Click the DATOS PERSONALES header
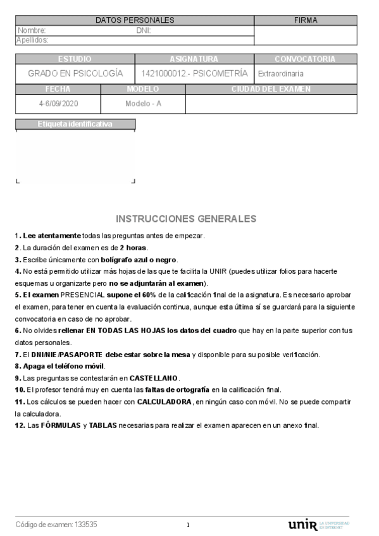(134, 20)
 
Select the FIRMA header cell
(306, 20)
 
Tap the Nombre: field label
(32, 30)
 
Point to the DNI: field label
(144, 30)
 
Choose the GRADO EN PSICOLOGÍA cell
(75, 73)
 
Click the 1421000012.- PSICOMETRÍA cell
(194, 73)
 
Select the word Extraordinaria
(281, 74)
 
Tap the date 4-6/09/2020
(58, 103)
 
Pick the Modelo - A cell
(143, 103)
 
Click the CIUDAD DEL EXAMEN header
(271, 89)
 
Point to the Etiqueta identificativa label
(75, 124)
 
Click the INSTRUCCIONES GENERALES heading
(186, 219)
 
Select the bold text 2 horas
(134, 247)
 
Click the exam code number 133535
(86, 525)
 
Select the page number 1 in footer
(188, 525)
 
